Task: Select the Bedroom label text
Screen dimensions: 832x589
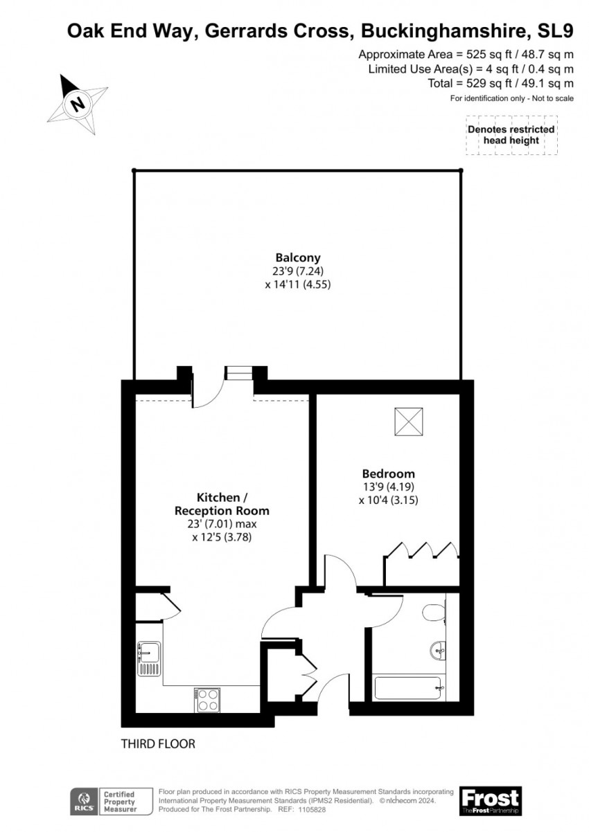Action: [x=388, y=473]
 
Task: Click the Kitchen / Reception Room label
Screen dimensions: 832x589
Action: [x=222, y=504]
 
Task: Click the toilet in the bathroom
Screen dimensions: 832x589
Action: [x=433, y=613]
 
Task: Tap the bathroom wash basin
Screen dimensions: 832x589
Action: [x=437, y=649]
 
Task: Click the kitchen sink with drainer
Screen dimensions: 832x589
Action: [x=149, y=658]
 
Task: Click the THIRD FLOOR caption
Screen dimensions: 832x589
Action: [x=158, y=744]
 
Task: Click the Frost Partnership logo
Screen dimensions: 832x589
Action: [x=490, y=800]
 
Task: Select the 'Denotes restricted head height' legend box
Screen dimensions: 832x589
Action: [x=511, y=134]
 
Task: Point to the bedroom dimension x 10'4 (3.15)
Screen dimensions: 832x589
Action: [x=388, y=499]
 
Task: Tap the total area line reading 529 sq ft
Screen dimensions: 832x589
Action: [x=500, y=83]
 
